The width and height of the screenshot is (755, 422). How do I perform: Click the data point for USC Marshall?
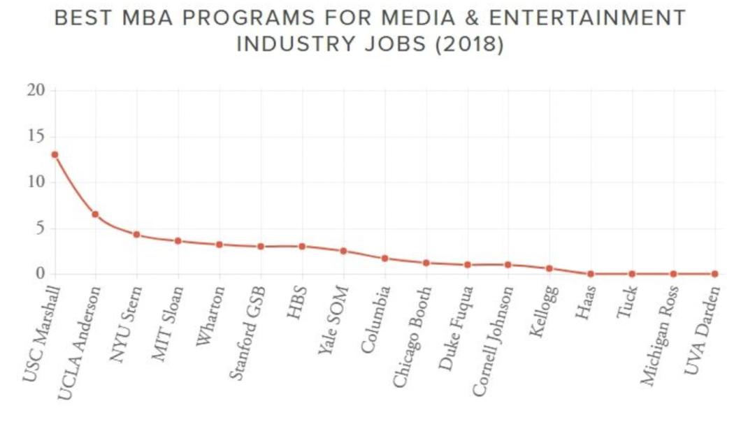55,154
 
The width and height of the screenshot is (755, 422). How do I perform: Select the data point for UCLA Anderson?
95,214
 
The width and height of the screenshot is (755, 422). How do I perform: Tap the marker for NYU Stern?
137,234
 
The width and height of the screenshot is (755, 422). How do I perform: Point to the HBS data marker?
302,246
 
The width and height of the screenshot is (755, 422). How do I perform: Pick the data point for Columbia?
384,258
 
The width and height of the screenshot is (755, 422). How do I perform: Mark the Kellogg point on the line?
549,268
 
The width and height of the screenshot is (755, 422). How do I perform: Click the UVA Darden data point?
714,274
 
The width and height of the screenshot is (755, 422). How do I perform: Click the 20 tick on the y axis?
36,90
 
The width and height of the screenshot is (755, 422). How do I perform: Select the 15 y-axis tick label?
36,136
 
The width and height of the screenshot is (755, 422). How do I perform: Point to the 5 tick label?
41,228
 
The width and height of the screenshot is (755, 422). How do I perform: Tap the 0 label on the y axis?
41,273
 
